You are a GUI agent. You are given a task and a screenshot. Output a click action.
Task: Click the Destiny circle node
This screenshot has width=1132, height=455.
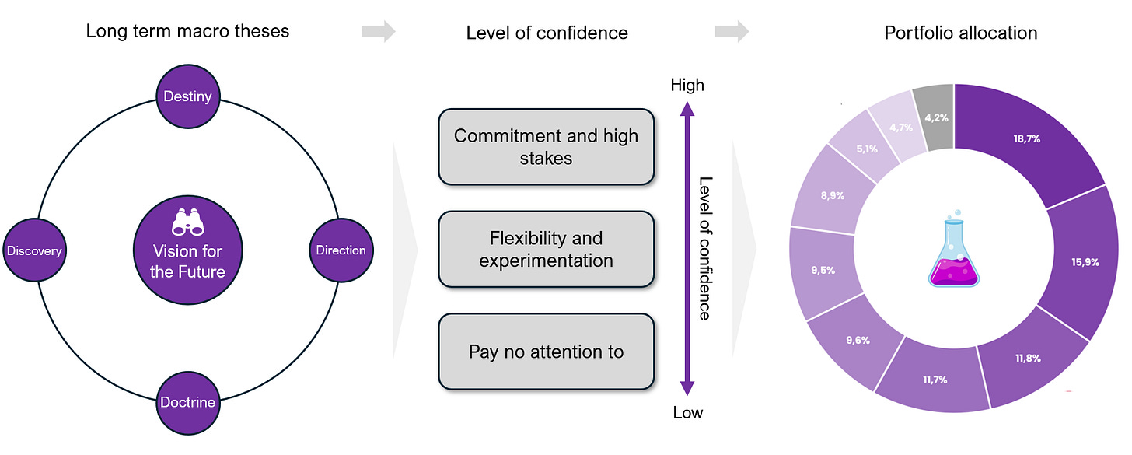click(x=187, y=97)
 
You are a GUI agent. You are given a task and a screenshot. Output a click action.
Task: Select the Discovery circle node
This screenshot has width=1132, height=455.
click(x=34, y=250)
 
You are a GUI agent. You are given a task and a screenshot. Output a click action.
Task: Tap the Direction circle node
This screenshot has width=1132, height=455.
click(x=341, y=250)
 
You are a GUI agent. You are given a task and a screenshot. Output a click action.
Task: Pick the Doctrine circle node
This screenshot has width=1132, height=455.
click(x=187, y=402)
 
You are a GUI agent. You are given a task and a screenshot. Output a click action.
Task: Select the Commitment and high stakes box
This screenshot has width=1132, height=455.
click(x=546, y=147)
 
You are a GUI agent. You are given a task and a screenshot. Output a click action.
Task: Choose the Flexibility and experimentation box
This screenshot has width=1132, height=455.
click(x=546, y=249)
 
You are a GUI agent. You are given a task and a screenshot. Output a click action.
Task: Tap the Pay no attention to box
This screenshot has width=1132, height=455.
click(x=546, y=352)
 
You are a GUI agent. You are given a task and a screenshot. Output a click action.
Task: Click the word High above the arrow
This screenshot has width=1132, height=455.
click(x=687, y=85)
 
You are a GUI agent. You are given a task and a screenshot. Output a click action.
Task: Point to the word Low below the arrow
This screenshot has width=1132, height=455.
click(x=687, y=413)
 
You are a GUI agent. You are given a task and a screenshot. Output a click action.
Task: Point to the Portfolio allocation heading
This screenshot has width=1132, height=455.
click(x=960, y=33)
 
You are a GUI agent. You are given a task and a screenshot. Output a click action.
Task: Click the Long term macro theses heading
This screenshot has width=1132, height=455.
click(x=187, y=32)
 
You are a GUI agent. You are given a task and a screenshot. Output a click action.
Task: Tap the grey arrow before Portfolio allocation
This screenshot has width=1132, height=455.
click(x=732, y=32)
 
